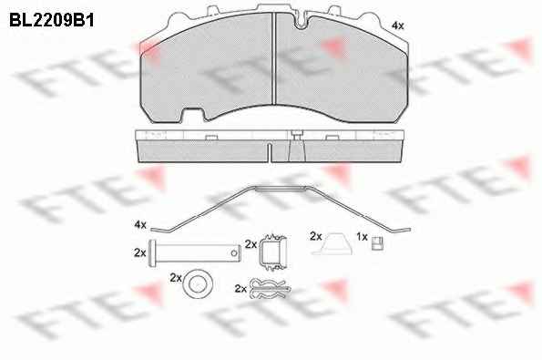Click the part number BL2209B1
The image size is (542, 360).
tap(52, 20)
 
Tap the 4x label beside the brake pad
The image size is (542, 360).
tap(397, 26)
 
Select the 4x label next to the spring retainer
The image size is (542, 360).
tap(140, 225)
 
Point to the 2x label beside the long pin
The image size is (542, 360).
tap(140, 252)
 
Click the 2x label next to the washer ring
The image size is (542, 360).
tap(176, 278)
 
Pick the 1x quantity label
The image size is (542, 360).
tap(362, 237)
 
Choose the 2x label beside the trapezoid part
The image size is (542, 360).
tap(315, 237)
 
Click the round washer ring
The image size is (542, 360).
tap(198, 284)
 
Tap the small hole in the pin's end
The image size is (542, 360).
tap(234, 253)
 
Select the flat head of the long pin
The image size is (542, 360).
tap(151, 253)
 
